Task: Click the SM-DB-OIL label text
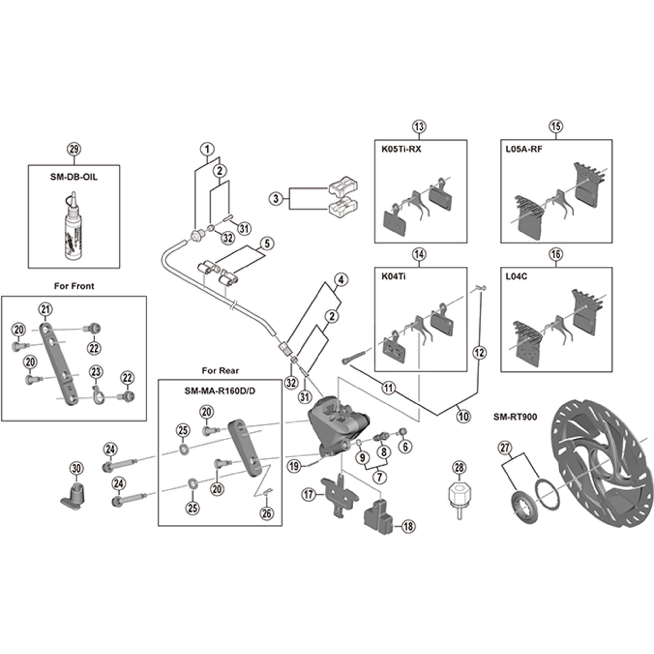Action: [x=74, y=177]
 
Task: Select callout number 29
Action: [x=74, y=149]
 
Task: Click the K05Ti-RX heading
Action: [x=401, y=149]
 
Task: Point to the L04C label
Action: [x=516, y=277]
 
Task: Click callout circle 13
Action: [x=419, y=127]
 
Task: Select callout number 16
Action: [x=556, y=254]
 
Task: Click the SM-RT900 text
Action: [x=515, y=417]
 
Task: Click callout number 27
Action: [x=504, y=448]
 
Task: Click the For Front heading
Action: [x=74, y=286]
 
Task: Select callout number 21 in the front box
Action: [x=46, y=309]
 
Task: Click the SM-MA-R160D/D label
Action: [x=220, y=391]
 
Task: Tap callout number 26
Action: [x=267, y=513]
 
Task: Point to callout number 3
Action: [x=276, y=199]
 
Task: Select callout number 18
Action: [x=408, y=526]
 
